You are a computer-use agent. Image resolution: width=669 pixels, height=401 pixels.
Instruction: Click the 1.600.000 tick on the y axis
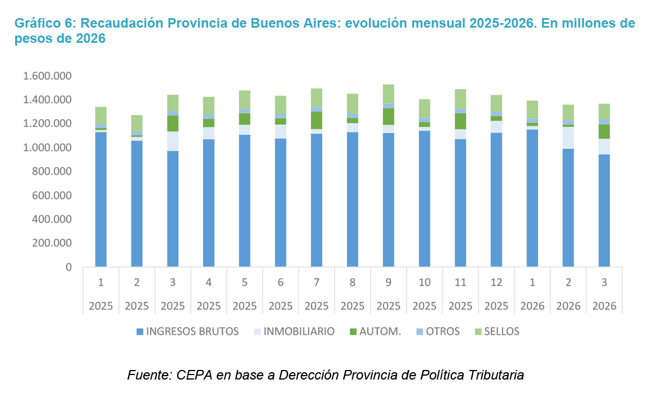point(47,76)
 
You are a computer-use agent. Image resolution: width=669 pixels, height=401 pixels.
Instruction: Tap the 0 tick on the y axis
point(68,267)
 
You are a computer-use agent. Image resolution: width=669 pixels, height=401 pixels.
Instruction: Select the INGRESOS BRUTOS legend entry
point(187,332)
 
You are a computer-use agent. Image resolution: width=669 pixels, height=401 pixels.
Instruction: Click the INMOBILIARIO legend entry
point(294,332)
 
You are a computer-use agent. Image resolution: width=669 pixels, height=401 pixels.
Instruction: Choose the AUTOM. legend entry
point(375,332)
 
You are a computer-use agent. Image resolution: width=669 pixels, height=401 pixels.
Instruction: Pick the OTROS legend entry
point(438,332)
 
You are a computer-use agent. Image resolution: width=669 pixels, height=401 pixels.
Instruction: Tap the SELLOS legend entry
point(496,332)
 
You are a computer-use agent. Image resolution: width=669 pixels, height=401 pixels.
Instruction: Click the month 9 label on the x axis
point(388,283)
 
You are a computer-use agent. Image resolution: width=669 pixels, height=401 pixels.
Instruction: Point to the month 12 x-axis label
point(496,283)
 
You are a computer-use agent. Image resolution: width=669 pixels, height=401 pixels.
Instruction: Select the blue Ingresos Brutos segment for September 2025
point(388,200)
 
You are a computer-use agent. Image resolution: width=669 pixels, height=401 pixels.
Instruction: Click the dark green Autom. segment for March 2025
point(173,124)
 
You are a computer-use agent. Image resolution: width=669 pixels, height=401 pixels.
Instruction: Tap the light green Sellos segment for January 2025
point(101,116)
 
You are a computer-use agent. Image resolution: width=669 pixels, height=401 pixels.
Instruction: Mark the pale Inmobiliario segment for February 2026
point(568,138)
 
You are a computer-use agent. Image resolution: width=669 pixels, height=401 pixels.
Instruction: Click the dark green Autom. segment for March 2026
point(604,132)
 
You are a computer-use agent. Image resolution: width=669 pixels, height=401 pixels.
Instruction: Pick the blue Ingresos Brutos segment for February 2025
point(137,204)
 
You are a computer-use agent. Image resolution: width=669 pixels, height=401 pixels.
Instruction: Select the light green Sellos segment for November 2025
point(460,99)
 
